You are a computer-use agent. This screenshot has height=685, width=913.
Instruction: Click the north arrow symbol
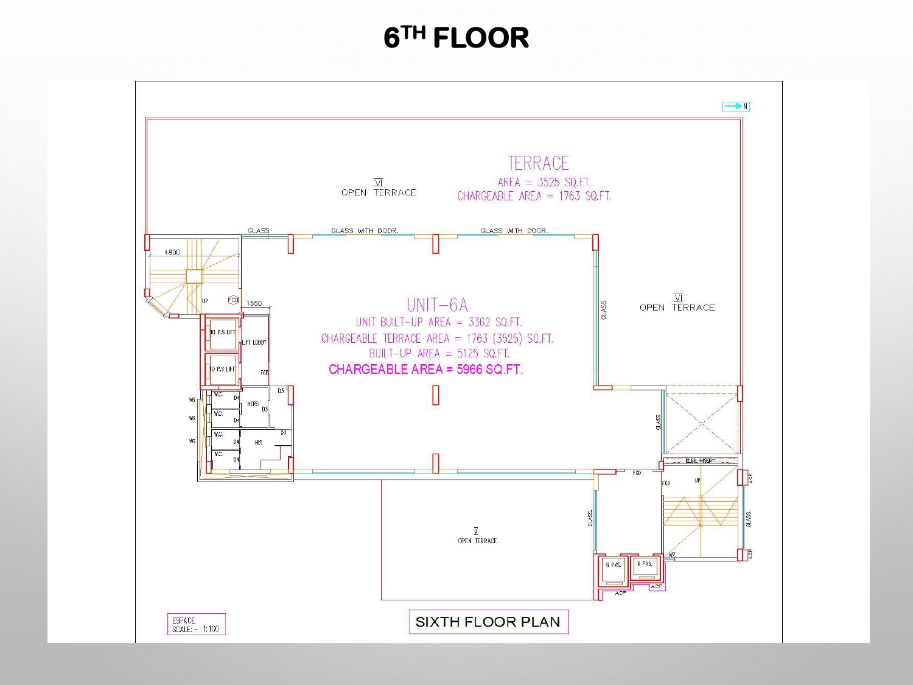(x=735, y=107)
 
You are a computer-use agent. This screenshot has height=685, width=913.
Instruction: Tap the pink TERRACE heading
(x=538, y=163)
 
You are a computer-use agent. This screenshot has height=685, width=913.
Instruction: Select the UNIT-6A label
(x=437, y=304)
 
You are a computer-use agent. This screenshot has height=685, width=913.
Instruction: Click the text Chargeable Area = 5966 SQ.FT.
(x=425, y=370)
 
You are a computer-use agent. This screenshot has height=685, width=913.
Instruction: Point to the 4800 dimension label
(x=172, y=252)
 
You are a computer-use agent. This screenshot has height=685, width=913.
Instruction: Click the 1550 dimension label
(x=254, y=303)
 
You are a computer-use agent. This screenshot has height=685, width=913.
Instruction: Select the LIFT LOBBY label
(x=254, y=342)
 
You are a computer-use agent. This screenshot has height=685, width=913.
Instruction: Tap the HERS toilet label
(x=253, y=404)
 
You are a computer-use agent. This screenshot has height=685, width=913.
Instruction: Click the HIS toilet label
(x=258, y=443)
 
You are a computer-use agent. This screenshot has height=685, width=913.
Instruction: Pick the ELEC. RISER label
(x=699, y=461)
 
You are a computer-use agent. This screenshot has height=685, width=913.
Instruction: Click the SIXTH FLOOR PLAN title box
(x=488, y=622)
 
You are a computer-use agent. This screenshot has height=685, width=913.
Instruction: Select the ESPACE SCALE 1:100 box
(x=196, y=625)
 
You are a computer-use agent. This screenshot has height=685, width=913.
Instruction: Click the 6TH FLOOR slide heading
(x=456, y=38)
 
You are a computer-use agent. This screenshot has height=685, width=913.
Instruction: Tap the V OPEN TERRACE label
(x=477, y=537)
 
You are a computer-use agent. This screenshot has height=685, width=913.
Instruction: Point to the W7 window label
(x=671, y=555)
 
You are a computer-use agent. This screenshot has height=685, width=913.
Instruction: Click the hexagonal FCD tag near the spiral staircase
(x=233, y=300)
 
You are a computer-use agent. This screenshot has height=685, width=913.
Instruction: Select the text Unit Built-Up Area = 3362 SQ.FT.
(x=439, y=322)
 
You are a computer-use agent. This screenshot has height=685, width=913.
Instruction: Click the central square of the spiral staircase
(x=194, y=276)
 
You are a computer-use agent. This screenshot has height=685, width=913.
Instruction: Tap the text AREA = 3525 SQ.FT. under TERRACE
(x=544, y=182)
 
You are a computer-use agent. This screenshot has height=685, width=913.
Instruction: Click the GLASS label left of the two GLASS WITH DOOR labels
(x=259, y=231)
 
